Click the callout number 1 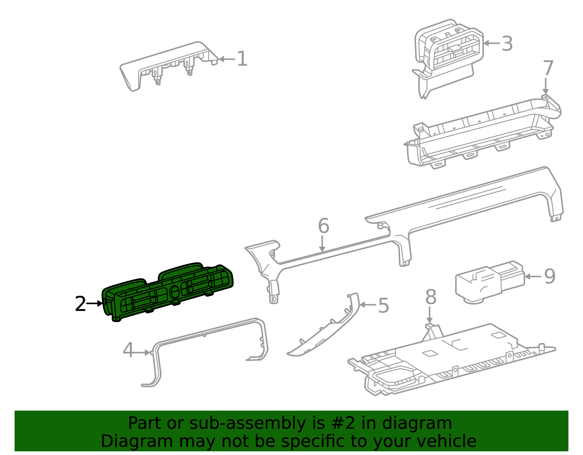(x=242, y=59)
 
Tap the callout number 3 (x=507, y=43)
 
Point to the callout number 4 (x=128, y=350)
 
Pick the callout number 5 (x=383, y=305)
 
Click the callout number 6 (x=324, y=226)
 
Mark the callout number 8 (x=431, y=297)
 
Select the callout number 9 (x=550, y=276)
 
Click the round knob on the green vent (x=175, y=292)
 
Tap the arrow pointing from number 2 (x=94, y=303)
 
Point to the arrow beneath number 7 (x=545, y=86)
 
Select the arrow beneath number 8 (x=430, y=315)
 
